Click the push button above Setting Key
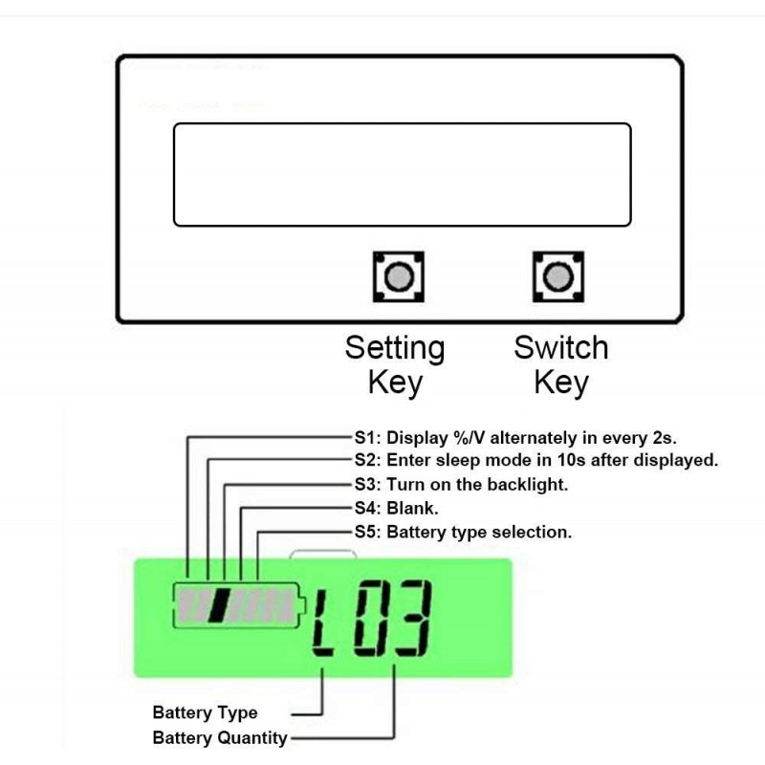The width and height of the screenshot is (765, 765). pos(399,276)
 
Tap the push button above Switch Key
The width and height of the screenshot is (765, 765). pos(558,276)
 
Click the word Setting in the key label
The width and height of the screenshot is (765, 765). pos(395,348)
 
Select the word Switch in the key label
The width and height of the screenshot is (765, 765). pos(561,347)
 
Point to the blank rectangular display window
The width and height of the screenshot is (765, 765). pos(403,175)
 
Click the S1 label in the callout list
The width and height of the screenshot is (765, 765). pos(515,438)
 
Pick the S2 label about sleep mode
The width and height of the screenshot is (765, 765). pos(536,460)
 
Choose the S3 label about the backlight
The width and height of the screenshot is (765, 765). pos(461,485)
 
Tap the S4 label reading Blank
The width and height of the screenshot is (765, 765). pos(396,509)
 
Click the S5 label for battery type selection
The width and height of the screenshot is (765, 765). pos(463,532)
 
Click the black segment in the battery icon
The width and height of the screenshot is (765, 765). pos(219,605)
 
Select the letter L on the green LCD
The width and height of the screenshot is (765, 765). pos(323,623)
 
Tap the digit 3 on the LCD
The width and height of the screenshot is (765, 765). pos(413,619)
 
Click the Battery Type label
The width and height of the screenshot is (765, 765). pos(205,712)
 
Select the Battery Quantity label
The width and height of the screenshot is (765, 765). pos(220,737)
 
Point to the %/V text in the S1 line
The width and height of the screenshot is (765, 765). pos(470,438)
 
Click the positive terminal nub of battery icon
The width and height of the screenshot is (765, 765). pos(302,605)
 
